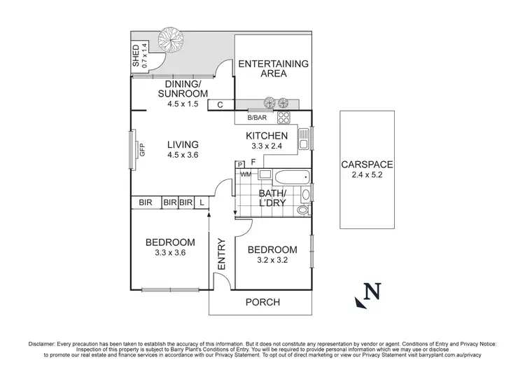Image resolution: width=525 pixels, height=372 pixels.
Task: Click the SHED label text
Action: point(136,56)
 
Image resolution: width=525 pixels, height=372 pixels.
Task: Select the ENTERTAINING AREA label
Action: point(273,69)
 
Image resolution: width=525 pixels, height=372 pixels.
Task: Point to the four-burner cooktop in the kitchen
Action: point(284,118)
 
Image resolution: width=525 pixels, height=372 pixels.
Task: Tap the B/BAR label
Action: point(257,118)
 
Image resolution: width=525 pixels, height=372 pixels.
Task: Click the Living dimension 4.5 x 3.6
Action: point(183,158)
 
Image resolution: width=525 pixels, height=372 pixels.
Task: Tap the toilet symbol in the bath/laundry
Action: point(302,209)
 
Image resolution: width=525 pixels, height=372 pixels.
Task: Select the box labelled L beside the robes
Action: point(202,203)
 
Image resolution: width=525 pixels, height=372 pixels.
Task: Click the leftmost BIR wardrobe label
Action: point(146,203)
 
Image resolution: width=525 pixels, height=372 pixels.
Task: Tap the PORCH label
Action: point(262,303)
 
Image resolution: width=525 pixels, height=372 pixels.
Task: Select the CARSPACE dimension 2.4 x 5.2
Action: point(367,177)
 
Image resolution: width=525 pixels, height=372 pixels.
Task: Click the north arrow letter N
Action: point(374,289)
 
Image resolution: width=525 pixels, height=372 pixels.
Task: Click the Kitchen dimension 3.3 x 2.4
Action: point(266,147)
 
